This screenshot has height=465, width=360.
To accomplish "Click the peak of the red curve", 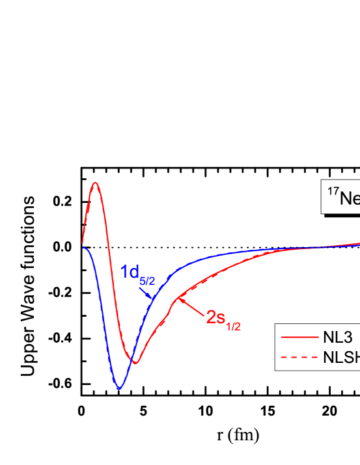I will pyautogui.click(x=96, y=183).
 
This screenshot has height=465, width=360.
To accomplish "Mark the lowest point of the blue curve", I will pyautogui.click(x=119, y=389).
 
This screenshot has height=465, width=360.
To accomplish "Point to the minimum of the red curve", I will pyautogui.click(x=135, y=362).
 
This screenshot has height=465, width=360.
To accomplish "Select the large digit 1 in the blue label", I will pyautogui.click(x=124, y=272).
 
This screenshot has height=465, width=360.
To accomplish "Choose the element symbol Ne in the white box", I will pyautogui.click(x=350, y=198).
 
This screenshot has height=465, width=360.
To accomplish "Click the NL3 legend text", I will pyautogui.click(x=338, y=338).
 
